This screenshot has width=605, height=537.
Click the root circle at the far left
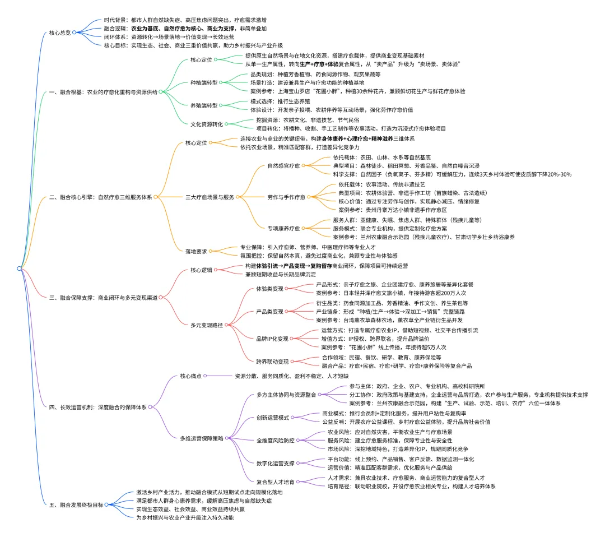point(20,268)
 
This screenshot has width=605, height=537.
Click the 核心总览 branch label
point(60,33)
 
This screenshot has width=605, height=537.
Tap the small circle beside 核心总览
point(74,33)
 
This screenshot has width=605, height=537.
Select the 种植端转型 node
point(203,82)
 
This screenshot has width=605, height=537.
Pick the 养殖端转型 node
point(203,106)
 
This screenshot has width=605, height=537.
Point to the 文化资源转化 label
point(207,124)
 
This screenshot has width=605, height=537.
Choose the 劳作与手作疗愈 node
point(286,197)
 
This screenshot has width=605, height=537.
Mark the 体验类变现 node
point(269,289)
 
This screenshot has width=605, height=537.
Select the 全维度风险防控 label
point(275,440)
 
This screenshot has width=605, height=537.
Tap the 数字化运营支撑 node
point(275,463)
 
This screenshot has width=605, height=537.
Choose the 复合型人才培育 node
point(275,482)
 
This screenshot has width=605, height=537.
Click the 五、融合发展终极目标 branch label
point(76,504)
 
